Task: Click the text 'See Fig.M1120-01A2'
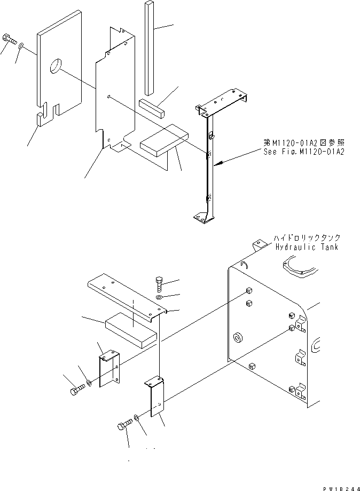pyautogui.click(x=302, y=152)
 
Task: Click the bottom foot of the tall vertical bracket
pyautogui.click(x=203, y=217)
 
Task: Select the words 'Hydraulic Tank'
pyautogui.click(x=307, y=247)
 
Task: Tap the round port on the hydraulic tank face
pyautogui.click(x=237, y=338)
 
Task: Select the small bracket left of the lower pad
pyautogui.click(x=108, y=367)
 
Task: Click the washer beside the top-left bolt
pyautogui.click(x=20, y=47)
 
